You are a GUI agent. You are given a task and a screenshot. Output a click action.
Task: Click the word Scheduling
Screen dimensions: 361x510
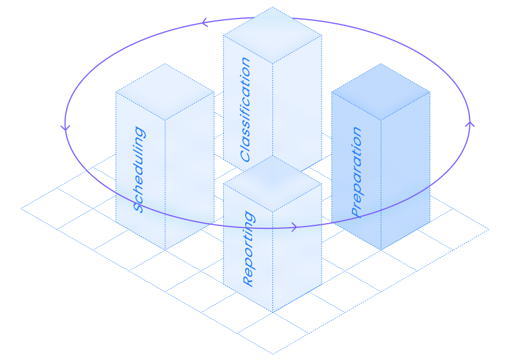[139, 169]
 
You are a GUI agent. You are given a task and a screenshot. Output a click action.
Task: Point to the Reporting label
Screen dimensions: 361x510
[248, 249]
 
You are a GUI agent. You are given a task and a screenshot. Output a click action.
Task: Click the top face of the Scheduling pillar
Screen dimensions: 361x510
[165, 92]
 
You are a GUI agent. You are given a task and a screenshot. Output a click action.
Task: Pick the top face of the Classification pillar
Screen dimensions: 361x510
[272, 35]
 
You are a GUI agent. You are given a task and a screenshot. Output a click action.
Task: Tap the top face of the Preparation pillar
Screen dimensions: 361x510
[381, 92]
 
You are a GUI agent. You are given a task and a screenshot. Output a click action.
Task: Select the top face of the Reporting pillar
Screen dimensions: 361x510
[272, 184]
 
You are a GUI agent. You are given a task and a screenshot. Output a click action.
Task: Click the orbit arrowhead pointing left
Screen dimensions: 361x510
[204, 23]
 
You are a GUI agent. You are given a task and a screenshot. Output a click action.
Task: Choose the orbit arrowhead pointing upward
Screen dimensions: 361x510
[469, 123]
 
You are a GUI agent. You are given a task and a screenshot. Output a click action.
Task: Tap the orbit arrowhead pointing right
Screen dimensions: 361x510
[294, 227]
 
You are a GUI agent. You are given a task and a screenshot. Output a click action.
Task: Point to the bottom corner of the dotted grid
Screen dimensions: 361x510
[274, 353]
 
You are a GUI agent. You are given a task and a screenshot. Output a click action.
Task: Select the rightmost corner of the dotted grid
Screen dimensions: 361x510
[489, 229]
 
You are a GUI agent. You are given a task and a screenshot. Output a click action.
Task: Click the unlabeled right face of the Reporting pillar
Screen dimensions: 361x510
[297, 249]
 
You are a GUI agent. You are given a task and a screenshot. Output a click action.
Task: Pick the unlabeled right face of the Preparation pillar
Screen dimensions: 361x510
[406, 174]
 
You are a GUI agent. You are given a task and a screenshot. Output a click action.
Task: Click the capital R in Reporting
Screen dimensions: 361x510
[248, 280]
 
